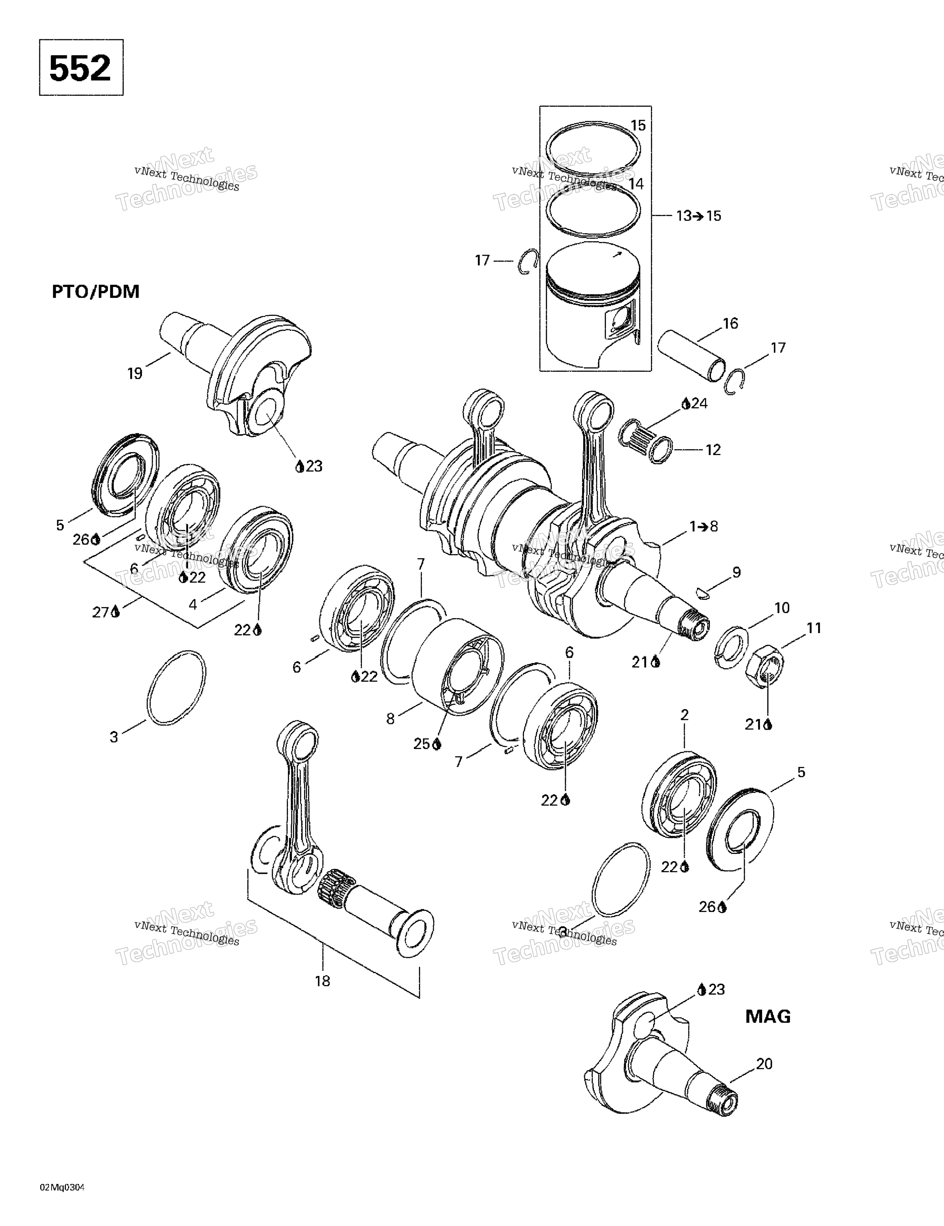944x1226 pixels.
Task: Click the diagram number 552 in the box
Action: point(80,68)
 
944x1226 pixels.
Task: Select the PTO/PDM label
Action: point(95,292)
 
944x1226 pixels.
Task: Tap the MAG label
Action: point(768,1016)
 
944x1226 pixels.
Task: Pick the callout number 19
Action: point(135,373)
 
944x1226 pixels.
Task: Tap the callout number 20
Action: point(764,1064)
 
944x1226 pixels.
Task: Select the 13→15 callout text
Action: point(699,216)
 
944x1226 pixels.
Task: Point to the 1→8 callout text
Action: point(704,526)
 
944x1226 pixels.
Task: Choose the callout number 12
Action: point(713,450)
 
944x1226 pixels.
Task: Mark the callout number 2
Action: point(684,715)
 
